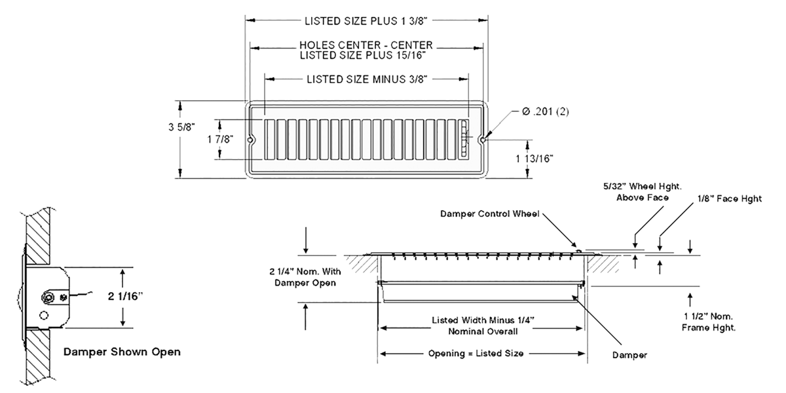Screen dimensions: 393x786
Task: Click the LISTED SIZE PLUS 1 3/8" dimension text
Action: click(366, 20)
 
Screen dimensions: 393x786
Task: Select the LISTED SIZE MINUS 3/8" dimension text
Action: click(367, 80)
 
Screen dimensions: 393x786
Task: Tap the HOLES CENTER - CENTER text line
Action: click(366, 45)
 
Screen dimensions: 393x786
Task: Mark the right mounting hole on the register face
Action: click(483, 140)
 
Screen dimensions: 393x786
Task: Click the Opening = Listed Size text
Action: click(476, 354)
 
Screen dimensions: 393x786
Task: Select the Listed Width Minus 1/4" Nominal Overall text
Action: click(483, 326)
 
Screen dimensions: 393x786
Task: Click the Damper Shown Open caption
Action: click(122, 352)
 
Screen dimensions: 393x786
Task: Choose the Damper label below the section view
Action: click(629, 355)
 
